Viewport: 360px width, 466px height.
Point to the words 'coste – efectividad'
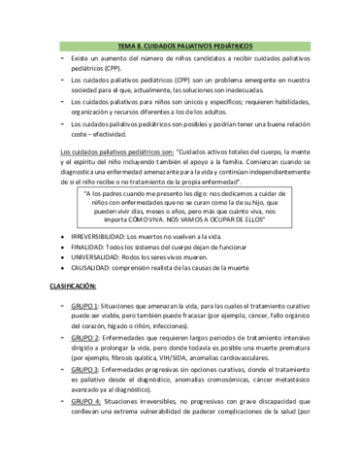[103, 134]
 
